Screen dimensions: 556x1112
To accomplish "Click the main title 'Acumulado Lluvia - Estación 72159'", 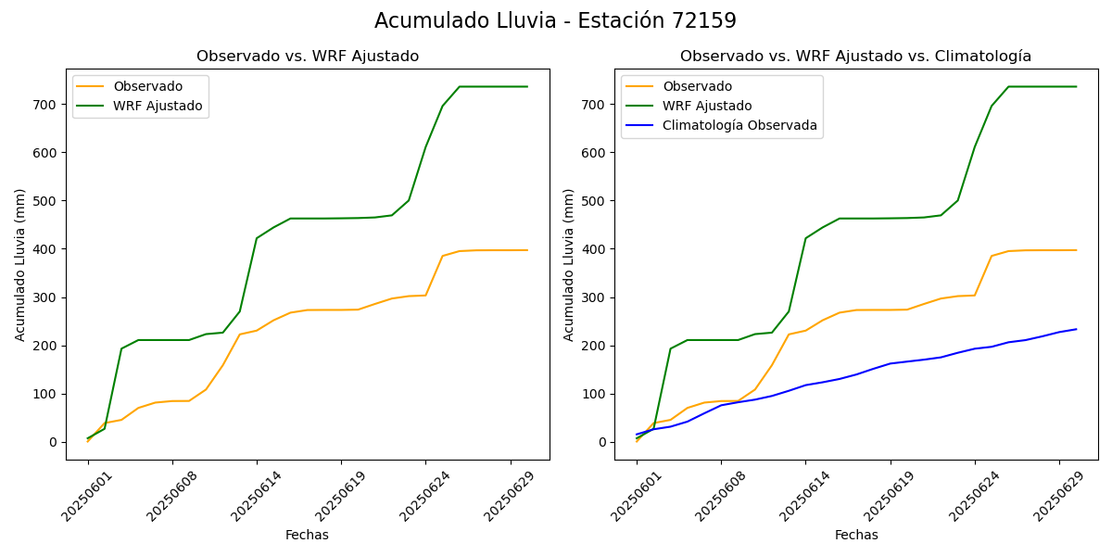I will (x=555, y=21).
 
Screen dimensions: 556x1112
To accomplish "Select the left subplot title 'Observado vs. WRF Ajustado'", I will (x=308, y=57).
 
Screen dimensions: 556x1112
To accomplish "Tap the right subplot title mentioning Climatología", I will (x=855, y=57).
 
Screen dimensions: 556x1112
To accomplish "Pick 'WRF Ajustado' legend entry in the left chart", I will (x=158, y=106).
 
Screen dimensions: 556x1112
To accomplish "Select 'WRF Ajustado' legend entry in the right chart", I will (x=706, y=106).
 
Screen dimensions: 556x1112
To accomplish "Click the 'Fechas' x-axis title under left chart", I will (x=307, y=535).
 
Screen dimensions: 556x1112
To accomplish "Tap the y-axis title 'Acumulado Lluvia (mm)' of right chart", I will (x=568, y=264).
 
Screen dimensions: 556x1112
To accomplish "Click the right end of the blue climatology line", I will (x=1076, y=329).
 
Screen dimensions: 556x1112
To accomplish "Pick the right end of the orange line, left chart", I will (x=527, y=250).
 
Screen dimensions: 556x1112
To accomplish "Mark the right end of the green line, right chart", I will (x=1076, y=86).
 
